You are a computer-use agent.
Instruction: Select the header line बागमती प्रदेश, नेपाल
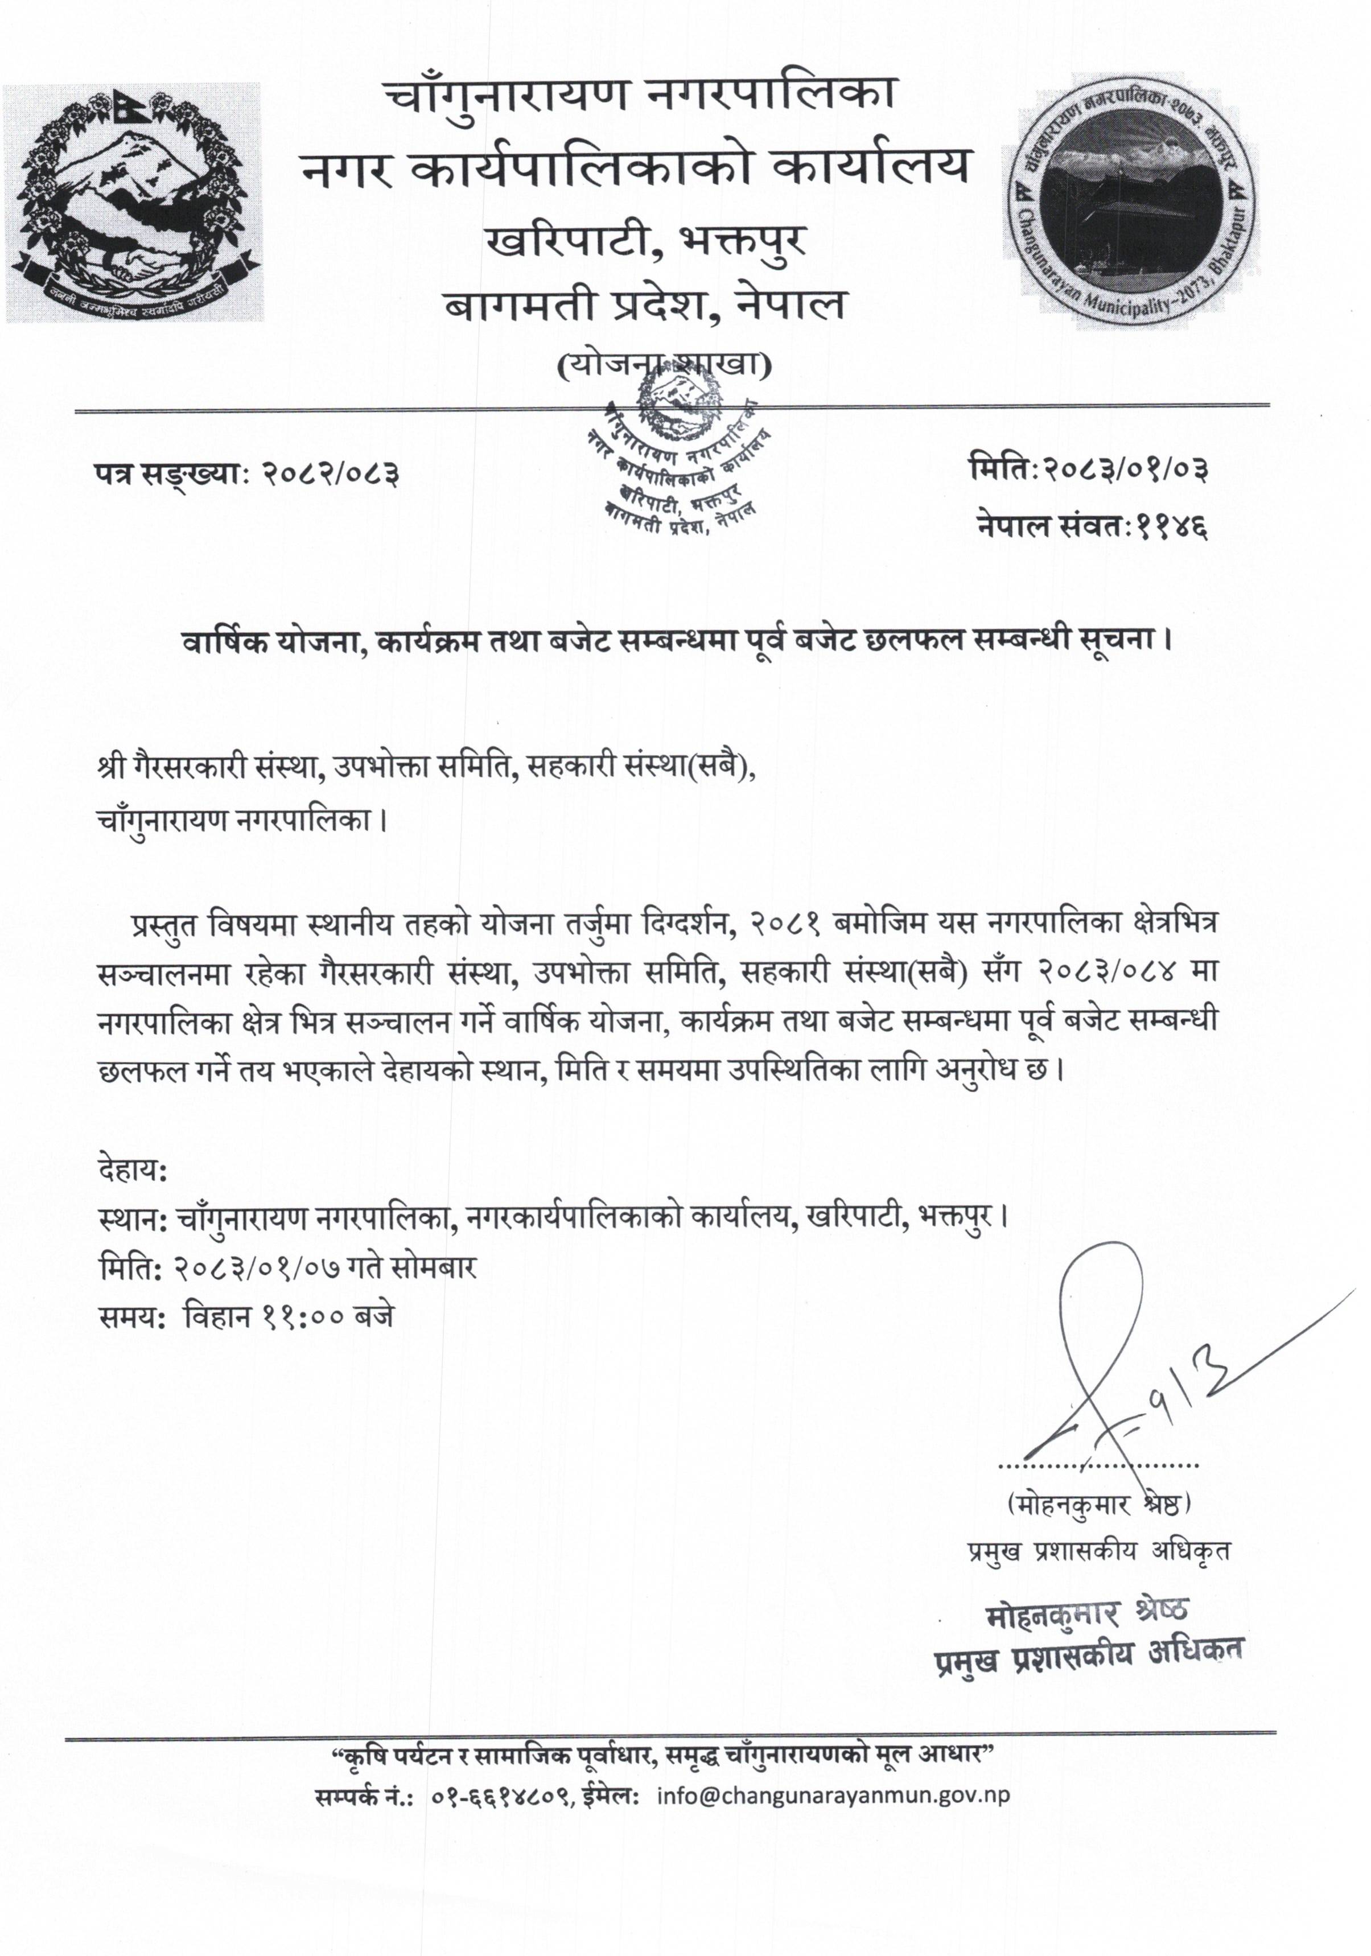pos(645,304)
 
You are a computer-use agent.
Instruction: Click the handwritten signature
pos(1107,1385)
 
